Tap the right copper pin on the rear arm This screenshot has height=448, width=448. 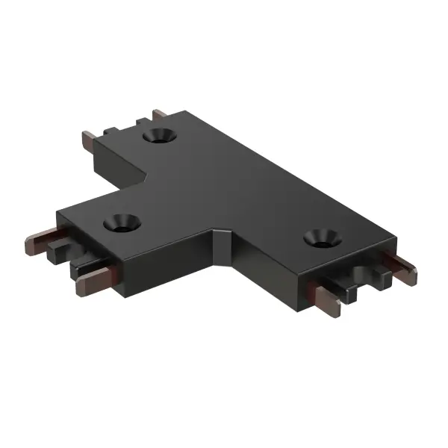coord(160,114)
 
